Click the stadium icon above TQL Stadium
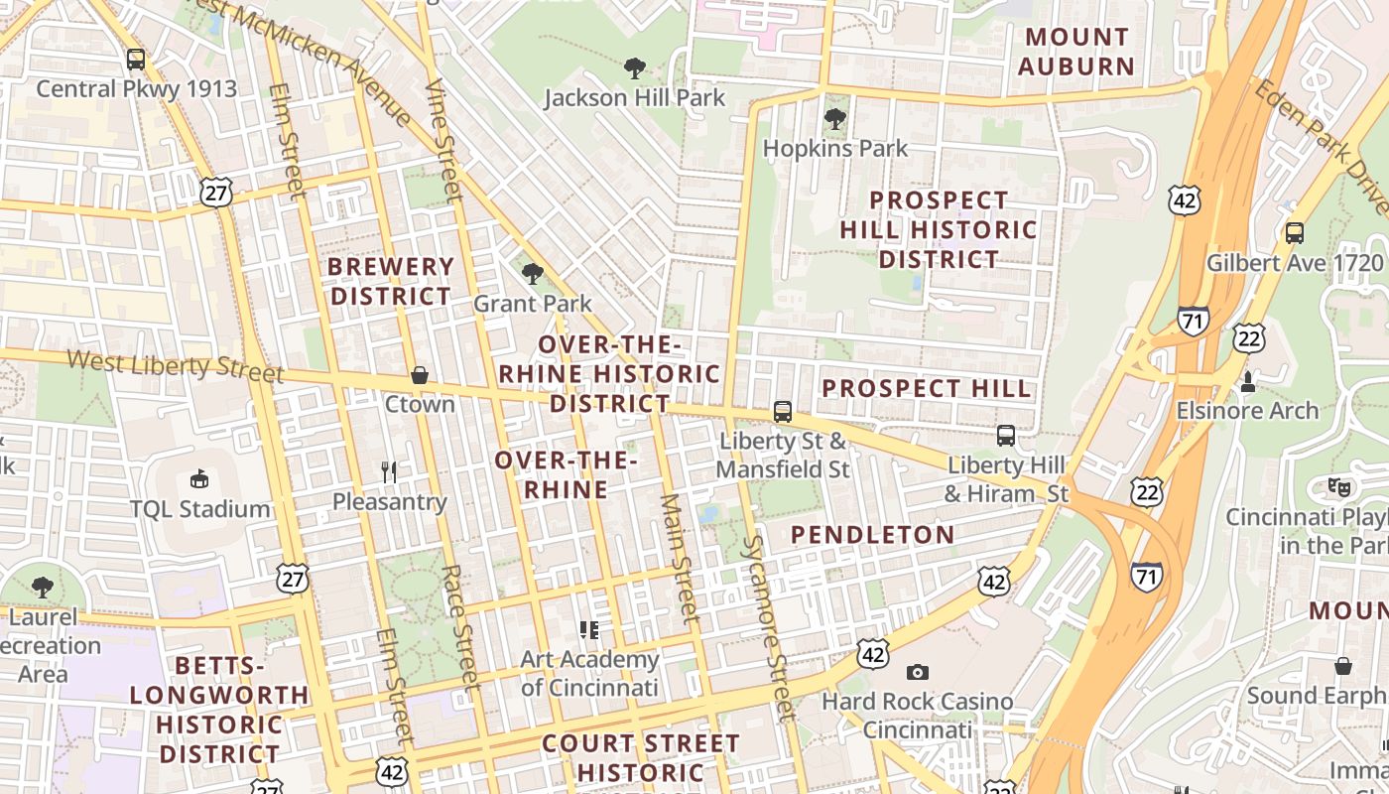(199, 479)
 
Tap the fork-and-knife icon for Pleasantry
(389, 472)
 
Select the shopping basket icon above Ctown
(420, 375)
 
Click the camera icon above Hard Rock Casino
(918, 673)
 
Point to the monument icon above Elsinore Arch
(1248, 381)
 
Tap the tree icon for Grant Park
(533, 273)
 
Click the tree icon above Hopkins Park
(835, 119)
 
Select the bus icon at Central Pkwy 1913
(136, 60)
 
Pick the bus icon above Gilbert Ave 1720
(1295, 233)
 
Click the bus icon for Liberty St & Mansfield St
(783, 411)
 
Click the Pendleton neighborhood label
(872, 535)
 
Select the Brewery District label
(391, 282)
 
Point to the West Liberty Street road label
(175, 365)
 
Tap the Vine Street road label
(443, 139)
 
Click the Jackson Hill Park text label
(635, 98)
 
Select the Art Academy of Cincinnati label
(589, 673)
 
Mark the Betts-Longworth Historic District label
(219, 710)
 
